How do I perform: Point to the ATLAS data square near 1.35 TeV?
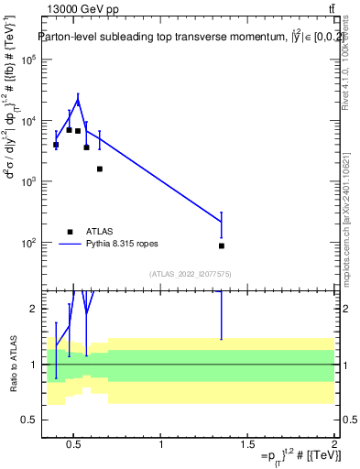222,245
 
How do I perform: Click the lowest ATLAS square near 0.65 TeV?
99,169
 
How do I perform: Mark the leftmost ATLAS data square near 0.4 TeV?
56,145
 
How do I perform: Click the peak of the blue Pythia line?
78,100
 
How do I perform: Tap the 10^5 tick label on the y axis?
27,60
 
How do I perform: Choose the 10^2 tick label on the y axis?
27,243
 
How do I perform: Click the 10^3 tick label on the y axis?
27,181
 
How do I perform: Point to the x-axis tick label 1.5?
247,445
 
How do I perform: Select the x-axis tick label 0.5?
73,445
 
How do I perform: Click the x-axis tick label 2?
334,445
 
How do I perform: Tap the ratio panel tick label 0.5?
31,420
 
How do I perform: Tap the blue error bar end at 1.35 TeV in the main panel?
222,213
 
